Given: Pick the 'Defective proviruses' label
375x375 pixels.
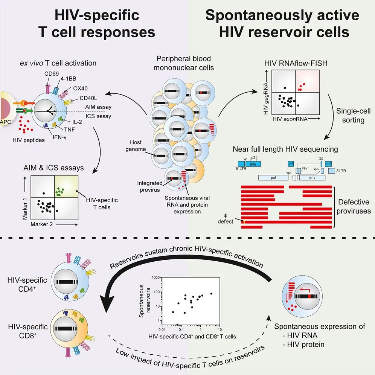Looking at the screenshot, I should coord(354,206).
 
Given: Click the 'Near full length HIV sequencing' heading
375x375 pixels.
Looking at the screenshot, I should coord(285,149).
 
